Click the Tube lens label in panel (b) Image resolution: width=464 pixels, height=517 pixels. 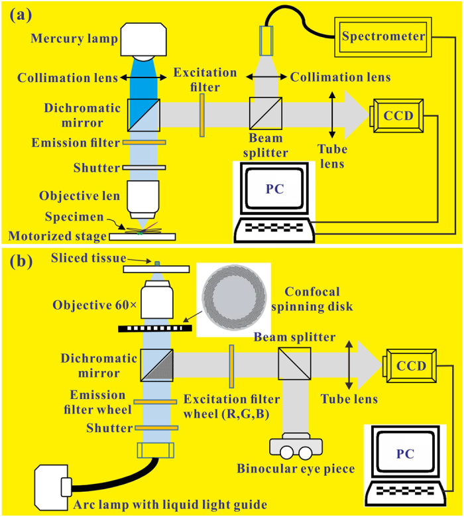[x=349, y=399]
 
